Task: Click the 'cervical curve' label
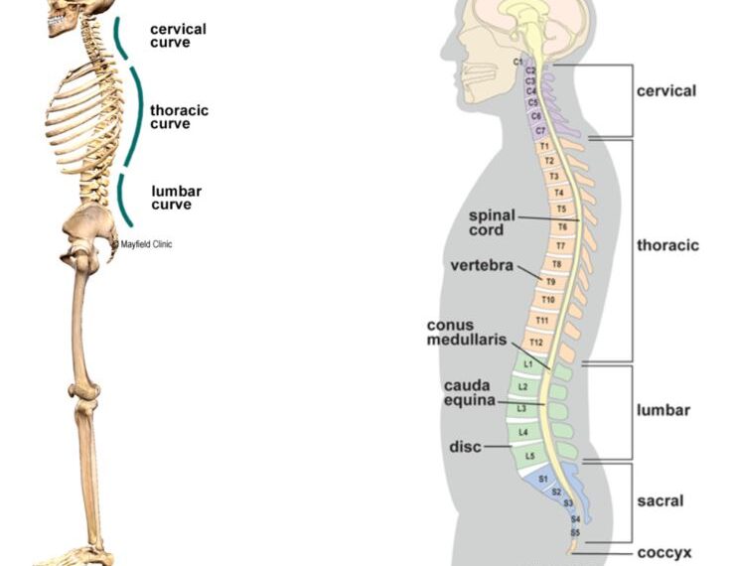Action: [178, 36]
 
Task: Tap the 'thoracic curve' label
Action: [179, 117]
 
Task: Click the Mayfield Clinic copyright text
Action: [142, 244]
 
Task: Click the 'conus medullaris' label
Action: [464, 333]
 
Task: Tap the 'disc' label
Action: [465, 447]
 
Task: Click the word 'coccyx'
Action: [664, 553]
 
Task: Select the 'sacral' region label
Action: [660, 501]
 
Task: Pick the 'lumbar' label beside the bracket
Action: [663, 409]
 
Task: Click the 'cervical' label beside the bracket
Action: [665, 91]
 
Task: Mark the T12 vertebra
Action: [536, 343]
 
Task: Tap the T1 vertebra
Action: [543, 146]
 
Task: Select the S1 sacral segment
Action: [542, 480]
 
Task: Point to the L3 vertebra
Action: [521, 408]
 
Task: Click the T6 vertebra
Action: [561, 227]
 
